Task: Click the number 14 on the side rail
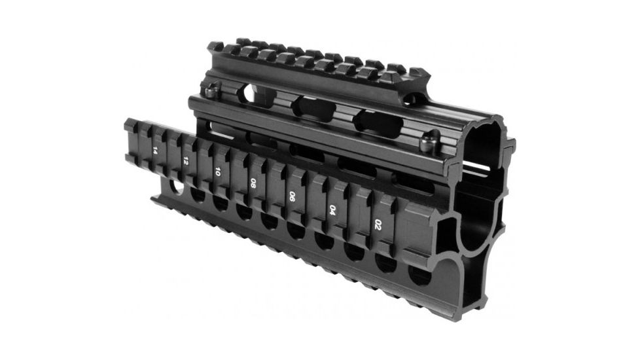[x=154, y=150]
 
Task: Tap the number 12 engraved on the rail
[x=187, y=161]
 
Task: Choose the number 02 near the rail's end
[x=378, y=225]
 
